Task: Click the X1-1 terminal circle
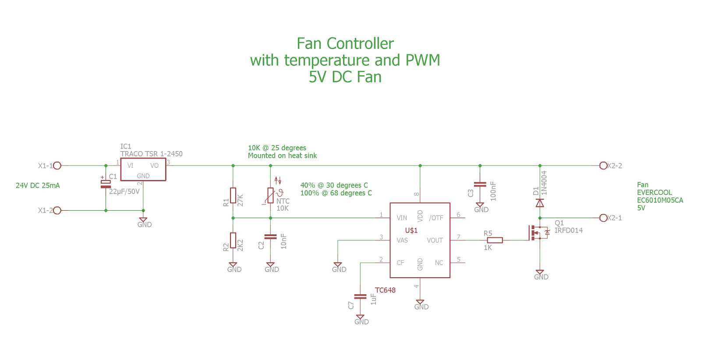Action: click(57, 166)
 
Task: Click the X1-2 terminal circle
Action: click(57, 210)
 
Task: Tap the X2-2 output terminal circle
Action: click(603, 166)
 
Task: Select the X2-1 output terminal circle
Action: click(603, 218)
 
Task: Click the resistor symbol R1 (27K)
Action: click(233, 195)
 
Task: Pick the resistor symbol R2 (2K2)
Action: click(233, 240)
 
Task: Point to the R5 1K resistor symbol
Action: click(495, 240)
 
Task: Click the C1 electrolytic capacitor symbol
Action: click(106, 184)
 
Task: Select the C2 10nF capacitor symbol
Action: click(270, 236)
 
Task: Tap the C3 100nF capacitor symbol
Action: click(480, 184)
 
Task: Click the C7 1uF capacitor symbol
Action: click(360, 296)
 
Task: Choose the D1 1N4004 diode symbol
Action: click(540, 203)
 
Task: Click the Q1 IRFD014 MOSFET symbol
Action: click(538, 233)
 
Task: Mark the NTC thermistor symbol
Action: click(271, 195)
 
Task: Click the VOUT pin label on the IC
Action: click(435, 240)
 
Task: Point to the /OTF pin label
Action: click(436, 218)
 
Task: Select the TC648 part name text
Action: click(385, 290)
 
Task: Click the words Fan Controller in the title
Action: click(345, 43)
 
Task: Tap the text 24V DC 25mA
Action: click(38, 186)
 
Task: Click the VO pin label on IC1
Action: click(154, 166)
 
